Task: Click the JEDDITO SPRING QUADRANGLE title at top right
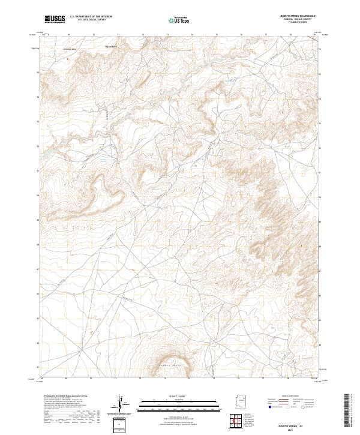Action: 298,16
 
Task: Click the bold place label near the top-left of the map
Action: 113,44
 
